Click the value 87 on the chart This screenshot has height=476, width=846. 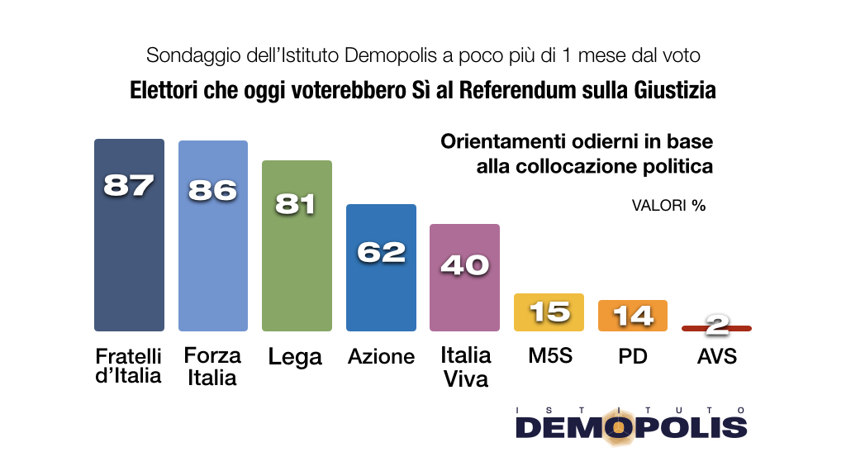tap(129, 185)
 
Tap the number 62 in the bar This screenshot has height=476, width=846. tap(381, 251)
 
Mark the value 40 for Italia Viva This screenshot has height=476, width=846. tap(465, 264)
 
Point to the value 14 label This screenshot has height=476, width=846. tap(633, 315)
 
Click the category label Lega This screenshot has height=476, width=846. tap(295, 357)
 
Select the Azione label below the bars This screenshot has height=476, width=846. tap(381, 356)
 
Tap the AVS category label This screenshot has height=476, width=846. tap(716, 356)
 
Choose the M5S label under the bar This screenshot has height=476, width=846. tap(549, 356)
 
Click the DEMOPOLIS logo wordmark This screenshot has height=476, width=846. tap(631, 426)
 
